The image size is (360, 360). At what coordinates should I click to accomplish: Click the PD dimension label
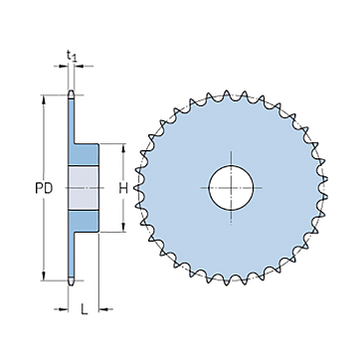pyautogui.click(x=44, y=188)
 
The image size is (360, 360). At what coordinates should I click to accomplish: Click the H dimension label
pyautogui.click(x=123, y=188)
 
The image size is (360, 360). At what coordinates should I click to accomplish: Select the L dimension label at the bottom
pyautogui.click(x=85, y=309)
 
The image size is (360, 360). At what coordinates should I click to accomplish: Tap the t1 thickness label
pyautogui.click(x=72, y=56)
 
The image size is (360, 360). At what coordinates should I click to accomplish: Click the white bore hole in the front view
pyautogui.click(x=231, y=188)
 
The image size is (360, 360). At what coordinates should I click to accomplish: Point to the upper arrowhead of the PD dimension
pyautogui.click(x=44, y=99)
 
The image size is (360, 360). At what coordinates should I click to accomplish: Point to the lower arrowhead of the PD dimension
pyautogui.click(x=44, y=276)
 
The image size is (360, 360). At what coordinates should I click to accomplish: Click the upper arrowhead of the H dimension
pyautogui.click(x=123, y=148)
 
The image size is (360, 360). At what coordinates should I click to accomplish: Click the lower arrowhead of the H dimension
pyautogui.click(x=123, y=228)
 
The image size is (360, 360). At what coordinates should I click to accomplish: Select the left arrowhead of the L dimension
pyautogui.click(x=64, y=309)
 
